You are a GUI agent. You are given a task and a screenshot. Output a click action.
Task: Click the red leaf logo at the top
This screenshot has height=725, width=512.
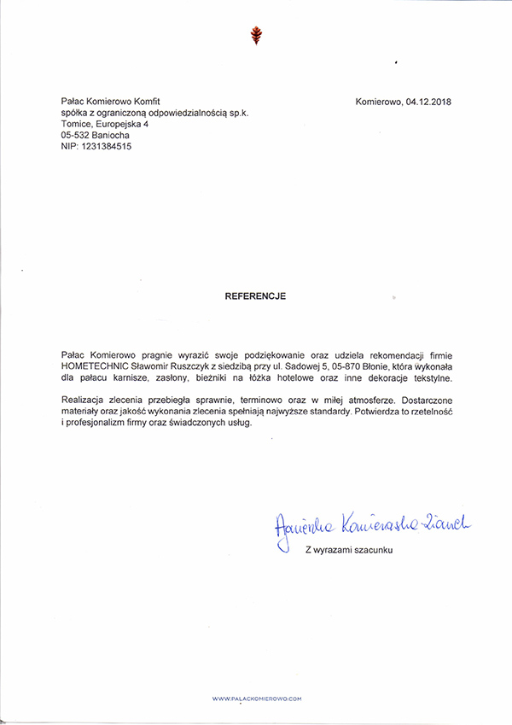(254, 35)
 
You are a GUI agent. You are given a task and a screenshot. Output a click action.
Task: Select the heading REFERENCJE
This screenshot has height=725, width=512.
(255, 296)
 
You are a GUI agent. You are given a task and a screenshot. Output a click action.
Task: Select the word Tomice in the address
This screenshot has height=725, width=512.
(77, 124)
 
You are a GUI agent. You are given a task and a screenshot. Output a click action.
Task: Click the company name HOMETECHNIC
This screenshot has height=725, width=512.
(93, 365)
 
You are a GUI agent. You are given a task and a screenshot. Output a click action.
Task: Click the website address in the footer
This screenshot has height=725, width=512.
(257, 699)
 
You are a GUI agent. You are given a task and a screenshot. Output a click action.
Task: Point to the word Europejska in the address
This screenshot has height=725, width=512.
(121, 124)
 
